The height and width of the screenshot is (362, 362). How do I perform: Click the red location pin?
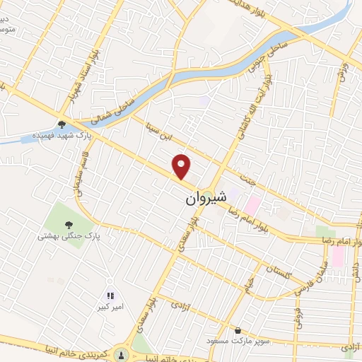pos(182,167)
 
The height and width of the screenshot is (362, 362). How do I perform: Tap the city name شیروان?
pos(206,199)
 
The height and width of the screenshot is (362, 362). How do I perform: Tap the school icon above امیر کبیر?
pos(110,295)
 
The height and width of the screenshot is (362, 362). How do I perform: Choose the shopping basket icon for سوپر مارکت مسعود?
pos(238,330)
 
